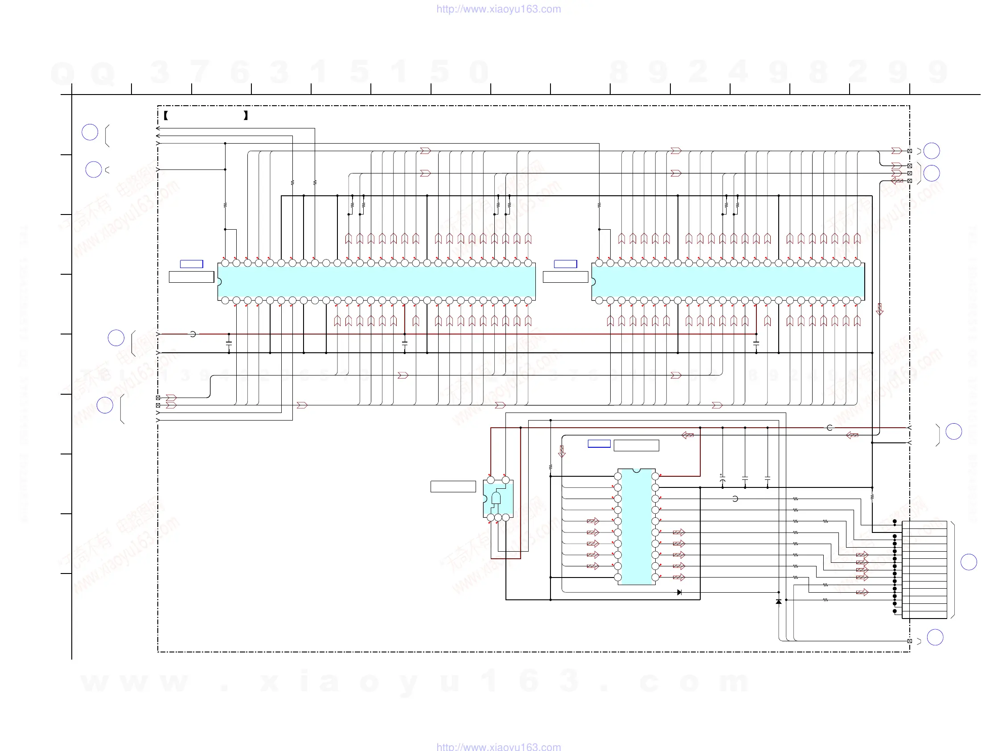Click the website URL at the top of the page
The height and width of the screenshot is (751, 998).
point(498,9)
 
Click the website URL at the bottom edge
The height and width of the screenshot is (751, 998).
point(498,747)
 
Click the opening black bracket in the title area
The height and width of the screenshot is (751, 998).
point(166,116)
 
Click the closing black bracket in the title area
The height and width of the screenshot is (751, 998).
point(246,116)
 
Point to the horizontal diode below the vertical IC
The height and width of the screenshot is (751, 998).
point(679,592)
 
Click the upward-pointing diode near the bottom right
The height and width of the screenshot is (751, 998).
point(778,602)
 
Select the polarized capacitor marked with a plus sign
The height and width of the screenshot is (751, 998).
point(723,479)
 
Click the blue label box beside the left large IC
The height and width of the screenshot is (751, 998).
point(191,264)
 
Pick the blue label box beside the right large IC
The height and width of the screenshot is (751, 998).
point(565,264)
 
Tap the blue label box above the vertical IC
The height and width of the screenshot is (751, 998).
point(599,444)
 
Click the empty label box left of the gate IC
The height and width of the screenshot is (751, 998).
point(453,487)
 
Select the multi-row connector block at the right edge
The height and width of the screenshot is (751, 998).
point(924,569)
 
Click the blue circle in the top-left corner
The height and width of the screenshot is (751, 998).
point(90,132)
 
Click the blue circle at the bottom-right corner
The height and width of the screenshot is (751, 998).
point(935,637)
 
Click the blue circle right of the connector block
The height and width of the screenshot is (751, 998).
point(969,562)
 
